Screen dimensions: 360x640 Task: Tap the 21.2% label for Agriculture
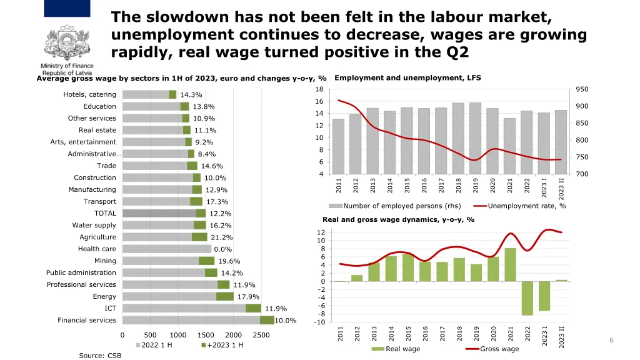[222, 237]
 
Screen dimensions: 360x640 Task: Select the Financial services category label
[87, 320]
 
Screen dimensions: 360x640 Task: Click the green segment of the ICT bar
[253, 308]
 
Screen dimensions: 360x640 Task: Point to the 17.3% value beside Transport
[217, 202]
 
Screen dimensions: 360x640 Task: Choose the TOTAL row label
[105, 213]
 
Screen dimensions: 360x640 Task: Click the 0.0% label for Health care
[222, 249]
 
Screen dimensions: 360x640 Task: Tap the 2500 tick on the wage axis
[261, 335]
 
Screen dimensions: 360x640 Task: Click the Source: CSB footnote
[100, 355]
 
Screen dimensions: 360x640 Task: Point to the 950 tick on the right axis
[582, 89]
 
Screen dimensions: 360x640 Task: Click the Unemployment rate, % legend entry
[520, 206]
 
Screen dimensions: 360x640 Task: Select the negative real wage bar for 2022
[527, 298]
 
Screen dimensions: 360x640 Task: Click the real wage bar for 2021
[510, 264]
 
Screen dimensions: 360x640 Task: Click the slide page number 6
[611, 340]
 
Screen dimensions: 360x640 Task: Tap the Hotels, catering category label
[89, 94]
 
